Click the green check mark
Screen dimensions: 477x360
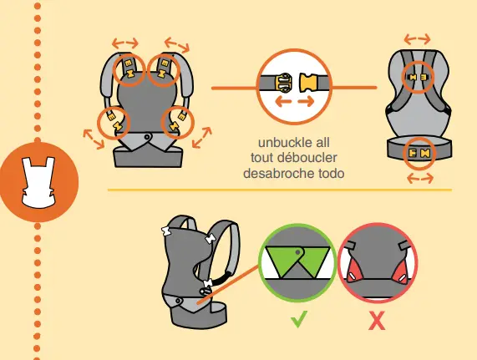[x=299, y=319]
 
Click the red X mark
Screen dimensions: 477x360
[x=377, y=321]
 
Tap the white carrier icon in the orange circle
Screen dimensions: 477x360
[x=38, y=182]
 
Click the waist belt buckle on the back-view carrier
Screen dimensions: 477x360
[x=419, y=153]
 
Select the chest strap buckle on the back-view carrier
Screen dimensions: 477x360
[x=418, y=77]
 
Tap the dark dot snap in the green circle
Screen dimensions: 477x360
[x=298, y=252]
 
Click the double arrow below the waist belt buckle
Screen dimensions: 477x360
[x=420, y=178]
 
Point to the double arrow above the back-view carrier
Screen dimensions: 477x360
[x=418, y=39]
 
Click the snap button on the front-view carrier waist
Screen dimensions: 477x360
[x=147, y=137]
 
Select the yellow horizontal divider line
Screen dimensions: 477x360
[x=280, y=190]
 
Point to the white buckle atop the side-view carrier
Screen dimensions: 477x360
[x=167, y=231]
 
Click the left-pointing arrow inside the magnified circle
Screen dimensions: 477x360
[x=283, y=102]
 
